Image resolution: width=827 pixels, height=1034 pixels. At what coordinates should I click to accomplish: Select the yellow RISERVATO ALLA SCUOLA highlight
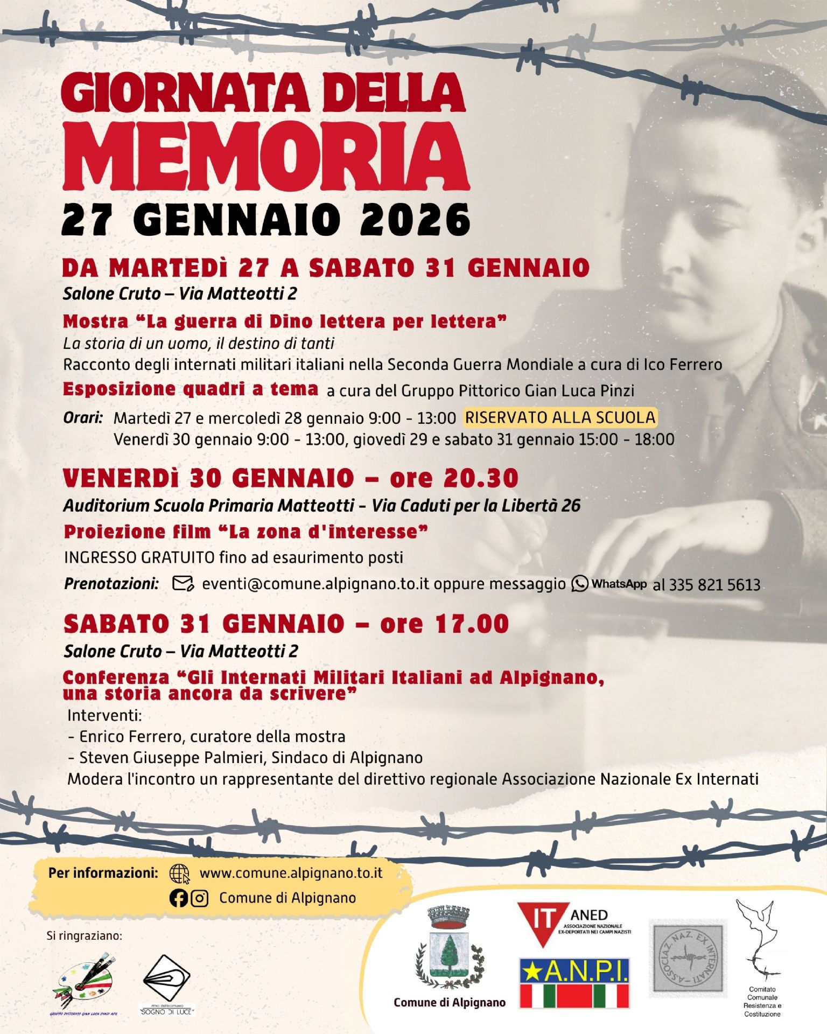point(560,417)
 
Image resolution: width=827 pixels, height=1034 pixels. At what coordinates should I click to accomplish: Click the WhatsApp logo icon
point(580,583)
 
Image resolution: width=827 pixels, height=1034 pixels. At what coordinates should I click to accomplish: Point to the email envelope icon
point(183,583)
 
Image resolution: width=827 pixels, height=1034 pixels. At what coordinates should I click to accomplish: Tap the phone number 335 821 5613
point(714,585)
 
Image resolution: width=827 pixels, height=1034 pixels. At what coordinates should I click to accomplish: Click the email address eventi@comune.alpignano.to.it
point(316,584)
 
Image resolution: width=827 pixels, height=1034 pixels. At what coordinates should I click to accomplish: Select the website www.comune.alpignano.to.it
point(291,872)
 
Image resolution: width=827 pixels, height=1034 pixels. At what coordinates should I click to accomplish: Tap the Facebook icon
point(178,898)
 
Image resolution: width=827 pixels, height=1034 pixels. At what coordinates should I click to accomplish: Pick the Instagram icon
point(200,898)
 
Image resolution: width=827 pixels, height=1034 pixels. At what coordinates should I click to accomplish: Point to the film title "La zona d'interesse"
point(328,532)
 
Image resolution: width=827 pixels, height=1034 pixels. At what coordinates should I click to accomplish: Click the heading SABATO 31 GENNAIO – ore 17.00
point(286,624)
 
